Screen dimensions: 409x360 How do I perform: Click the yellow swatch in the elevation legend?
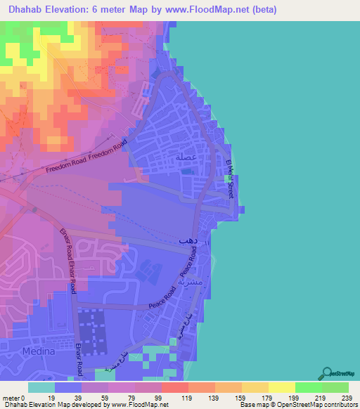click(x=282, y=387)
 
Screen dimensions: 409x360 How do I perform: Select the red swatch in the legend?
click(x=175, y=387)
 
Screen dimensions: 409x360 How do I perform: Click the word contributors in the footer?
click(x=336, y=404)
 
